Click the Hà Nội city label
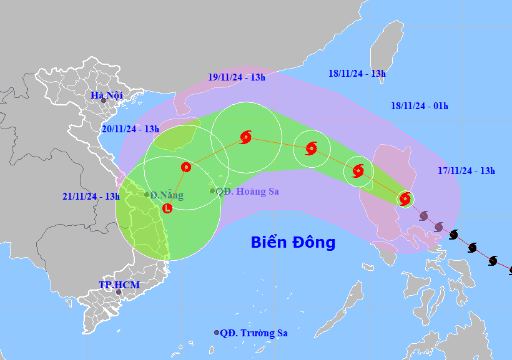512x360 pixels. (107, 95)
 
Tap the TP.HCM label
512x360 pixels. (119, 285)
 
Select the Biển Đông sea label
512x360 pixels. (293, 242)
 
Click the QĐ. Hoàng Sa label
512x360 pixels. (247, 192)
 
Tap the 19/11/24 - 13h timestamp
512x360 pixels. (237, 77)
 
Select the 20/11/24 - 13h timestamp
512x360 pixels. (130, 129)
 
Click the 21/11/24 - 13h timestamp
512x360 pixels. (91, 196)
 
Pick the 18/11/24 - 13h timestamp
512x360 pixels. (357, 73)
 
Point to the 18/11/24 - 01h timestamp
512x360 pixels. (420, 105)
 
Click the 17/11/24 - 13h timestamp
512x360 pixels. (466, 170)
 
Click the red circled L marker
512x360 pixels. (167, 208)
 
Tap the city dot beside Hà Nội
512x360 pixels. (104, 100)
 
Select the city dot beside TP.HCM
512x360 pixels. (118, 291)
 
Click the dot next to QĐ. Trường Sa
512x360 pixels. (217, 333)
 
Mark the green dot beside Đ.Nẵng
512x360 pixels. (147, 195)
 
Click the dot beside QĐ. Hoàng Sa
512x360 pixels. (212, 191)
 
